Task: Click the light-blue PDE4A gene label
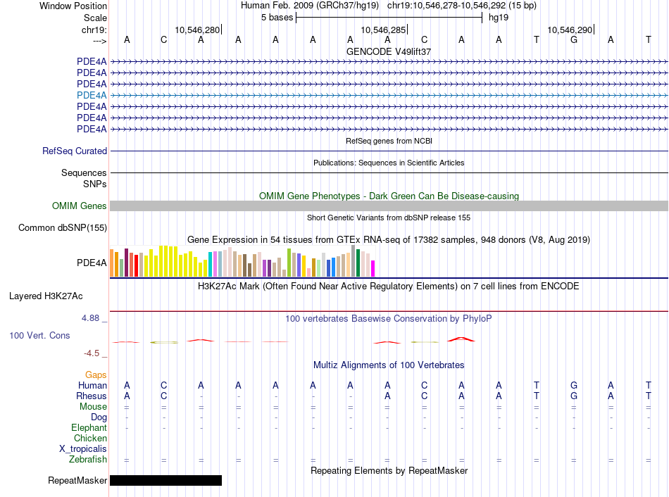click(x=92, y=95)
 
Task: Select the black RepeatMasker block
click(x=165, y=481)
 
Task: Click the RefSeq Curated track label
click(x=75, y=151)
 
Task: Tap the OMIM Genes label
click(x=80, y=206)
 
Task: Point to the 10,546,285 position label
click(x=383, y=30)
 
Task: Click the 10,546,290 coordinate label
click(x=570, y=30)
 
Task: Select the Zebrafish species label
click(x=88, y=460)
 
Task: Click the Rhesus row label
click(x=91, y=396)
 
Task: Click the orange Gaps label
click(x=96, y=375)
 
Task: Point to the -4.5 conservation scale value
click(x=92, y=353)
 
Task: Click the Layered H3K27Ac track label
click(x=46, y=296)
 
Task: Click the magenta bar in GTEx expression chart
click(x=373, y=269)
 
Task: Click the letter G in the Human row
click(x=574, y=386)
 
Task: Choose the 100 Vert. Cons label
click(x=39, y=336)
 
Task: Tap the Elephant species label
click(x=89, y=428)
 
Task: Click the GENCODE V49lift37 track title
click(x=389, y=51)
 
